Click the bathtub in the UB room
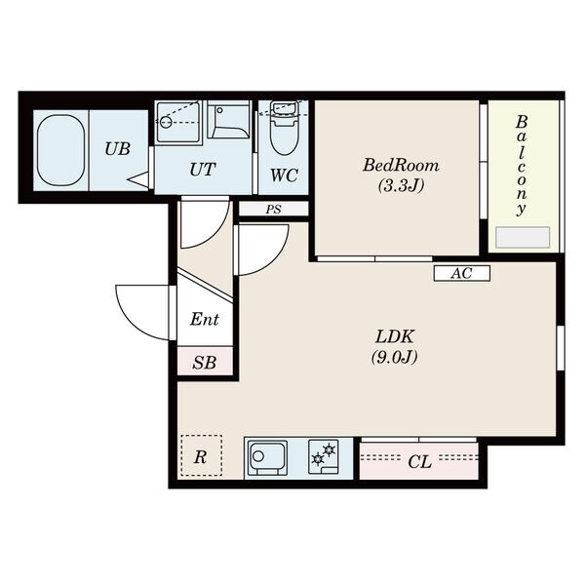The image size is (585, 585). [60, 150]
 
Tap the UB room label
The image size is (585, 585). [117, 149]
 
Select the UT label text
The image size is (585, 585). [202, 170]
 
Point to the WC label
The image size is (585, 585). [284, 175]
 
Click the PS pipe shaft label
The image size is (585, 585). [273, 210]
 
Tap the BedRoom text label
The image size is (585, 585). [401, 166]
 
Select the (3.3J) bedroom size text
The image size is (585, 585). [401, 185]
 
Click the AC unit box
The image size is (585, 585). [462, 273]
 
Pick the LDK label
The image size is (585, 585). [395, 337]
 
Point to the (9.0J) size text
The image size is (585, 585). [394, 357]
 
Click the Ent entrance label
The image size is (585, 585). [204, 320]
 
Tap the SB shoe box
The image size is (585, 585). [205, 361]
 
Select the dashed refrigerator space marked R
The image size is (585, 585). [202, 455]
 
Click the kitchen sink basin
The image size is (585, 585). [268, 458]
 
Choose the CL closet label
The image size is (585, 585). [419, 462]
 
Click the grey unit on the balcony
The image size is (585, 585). [523, 237]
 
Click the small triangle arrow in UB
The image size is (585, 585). [138, 179]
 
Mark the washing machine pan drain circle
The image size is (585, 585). [166, 122]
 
